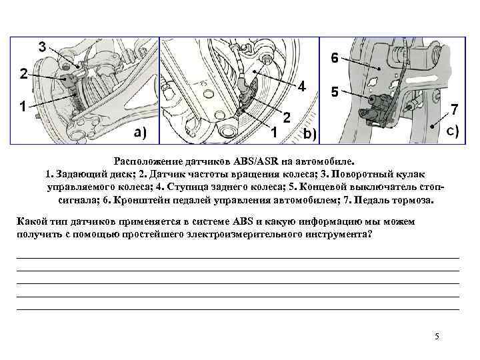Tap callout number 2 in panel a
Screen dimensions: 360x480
(x=23, y=74)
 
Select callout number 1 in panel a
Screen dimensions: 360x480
(x=23, y=105)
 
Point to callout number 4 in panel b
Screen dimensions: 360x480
(x=301, y=87)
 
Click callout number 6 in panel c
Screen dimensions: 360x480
(x=334, y=58)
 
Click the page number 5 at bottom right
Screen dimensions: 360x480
(x=437, y=336)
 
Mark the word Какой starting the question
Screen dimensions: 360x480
(x=31, y=222)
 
